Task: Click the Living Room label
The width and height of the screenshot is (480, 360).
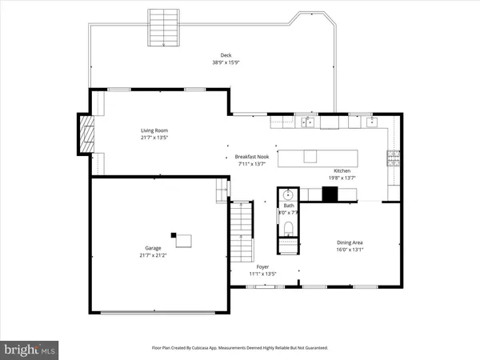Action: pyautogui.click(x=154, y=130)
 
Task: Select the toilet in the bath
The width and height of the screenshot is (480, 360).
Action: pyautogui.click(x=289, y=230)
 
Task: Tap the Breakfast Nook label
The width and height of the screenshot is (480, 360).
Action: pyautogui.click(x=250, y=156)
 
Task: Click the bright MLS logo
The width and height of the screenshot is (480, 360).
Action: pyautogui.click(x=30, y=349)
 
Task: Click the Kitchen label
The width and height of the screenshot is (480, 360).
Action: pyautogui.click(x=342, y=171)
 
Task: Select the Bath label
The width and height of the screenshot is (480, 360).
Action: pyautogui.click(x=289, y=206)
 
